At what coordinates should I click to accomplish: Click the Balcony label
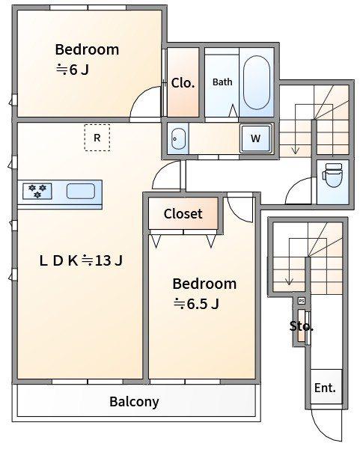(134, 402)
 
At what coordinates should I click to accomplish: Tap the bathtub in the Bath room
(256, 82)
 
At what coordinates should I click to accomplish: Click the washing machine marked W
(256, 138)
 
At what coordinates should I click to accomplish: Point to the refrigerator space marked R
(97, 138)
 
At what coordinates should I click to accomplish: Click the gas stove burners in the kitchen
(37, 191)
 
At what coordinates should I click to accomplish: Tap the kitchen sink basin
(81, 191)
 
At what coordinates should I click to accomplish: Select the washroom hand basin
(178, 139)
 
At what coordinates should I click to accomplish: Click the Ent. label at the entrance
(325, 388)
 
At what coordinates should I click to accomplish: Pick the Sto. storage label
(302, 326)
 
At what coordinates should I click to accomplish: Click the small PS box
(302, 301)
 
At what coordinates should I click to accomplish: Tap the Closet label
(183, 213)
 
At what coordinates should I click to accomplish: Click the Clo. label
(183, 83)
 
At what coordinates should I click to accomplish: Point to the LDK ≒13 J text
(81, 260)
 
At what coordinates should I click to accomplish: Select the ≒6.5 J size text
(197, 304)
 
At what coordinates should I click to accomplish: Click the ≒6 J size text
(73, 70)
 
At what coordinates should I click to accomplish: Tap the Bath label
(222, 82)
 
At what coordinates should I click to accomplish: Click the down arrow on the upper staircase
(296, 129)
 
